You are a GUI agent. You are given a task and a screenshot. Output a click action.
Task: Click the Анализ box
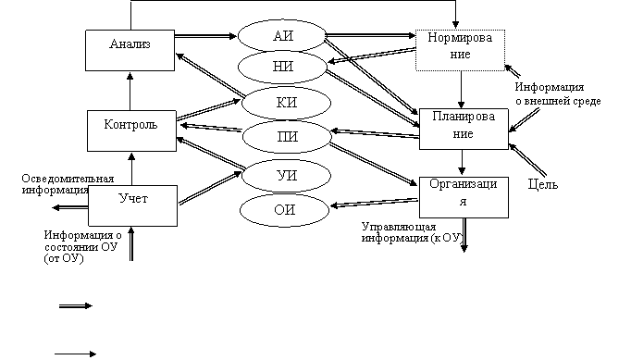[x=130, y=50]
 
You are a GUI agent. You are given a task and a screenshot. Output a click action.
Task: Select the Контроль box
[x=131, y=130]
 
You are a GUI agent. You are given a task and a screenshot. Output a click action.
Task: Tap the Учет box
[x=133, y=205]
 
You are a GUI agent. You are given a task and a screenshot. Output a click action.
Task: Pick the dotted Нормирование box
[x=460, y=50]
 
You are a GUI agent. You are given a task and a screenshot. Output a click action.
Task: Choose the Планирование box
[x=464, y=129]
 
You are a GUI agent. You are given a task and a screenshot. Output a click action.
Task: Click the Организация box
[x=464, y=197]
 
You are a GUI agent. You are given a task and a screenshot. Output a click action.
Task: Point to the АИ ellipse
[x=282, y=36]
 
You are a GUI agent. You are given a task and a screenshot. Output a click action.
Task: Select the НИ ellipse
[x=282, y=67]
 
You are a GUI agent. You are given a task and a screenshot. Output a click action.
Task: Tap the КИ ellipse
[x=286, y=103]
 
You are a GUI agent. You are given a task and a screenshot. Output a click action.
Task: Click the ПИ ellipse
[x=287, y=137]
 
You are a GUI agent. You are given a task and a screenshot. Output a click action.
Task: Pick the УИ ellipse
[x=286, y=176]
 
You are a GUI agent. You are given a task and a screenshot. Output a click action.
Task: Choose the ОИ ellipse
[x=285, y=210]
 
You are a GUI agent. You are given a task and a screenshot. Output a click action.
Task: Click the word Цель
[x=543, y=184]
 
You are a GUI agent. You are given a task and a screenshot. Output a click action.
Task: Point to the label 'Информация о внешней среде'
[x=558, y=93]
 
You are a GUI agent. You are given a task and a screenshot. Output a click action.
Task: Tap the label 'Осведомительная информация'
[x=68, y=184]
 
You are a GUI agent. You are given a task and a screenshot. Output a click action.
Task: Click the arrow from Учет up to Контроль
[x=131, y=168]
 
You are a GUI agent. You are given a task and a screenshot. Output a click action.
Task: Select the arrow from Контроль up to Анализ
[x=130, y=91]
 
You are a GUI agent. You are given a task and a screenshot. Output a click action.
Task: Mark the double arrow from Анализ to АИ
[x=205, y=36]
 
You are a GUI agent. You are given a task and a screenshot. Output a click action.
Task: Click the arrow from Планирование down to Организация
[x=462, y=162]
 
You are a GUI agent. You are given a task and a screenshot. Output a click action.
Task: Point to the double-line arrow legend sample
[x=76, y=306]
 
